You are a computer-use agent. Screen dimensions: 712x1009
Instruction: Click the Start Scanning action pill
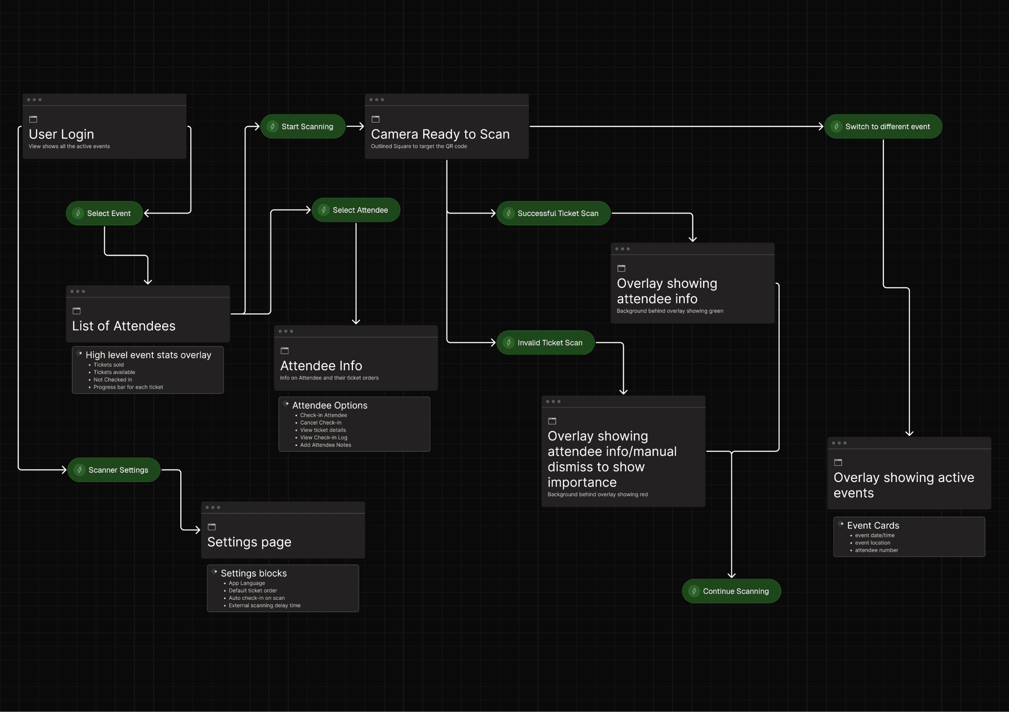[x=303, y=127]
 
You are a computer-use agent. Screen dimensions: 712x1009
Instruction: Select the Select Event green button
[x=104, y=213]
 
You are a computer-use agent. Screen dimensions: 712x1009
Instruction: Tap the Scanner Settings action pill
[x=114, y=470]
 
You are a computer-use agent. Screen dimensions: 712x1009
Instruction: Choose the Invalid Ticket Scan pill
[x=546, y=343]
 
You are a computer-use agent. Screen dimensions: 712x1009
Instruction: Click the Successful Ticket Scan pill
[x=554, y=213]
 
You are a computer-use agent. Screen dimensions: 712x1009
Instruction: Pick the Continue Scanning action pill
[x=732, y=591]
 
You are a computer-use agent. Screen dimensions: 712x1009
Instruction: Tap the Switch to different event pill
[x=883, y=127]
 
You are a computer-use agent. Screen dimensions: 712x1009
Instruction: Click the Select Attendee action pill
[x=356, y=210]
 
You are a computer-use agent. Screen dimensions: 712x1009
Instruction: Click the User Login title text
[x=62, y=134]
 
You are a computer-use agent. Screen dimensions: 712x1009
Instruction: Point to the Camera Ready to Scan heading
[x=440, y=134]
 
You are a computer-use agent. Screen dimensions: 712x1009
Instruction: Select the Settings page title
[x=249, y=542]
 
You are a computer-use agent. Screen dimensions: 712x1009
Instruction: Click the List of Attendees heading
[x=124, y=326]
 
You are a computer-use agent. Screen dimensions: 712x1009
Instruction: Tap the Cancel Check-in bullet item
[x=320, y=423]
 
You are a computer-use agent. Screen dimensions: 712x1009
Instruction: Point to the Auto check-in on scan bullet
[x=256, y=598]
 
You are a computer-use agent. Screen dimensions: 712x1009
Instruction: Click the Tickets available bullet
[x=114, y=372]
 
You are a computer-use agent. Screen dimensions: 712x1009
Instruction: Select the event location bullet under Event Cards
[x=872, y=543]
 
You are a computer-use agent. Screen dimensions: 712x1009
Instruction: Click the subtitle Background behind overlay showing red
[x=597, y=495]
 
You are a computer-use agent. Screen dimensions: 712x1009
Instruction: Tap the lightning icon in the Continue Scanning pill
[x=694, y=591]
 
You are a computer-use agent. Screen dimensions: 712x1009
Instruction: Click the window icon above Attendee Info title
[x=284, y=351]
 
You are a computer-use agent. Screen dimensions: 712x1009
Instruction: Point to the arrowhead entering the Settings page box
[x=198, y=530]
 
